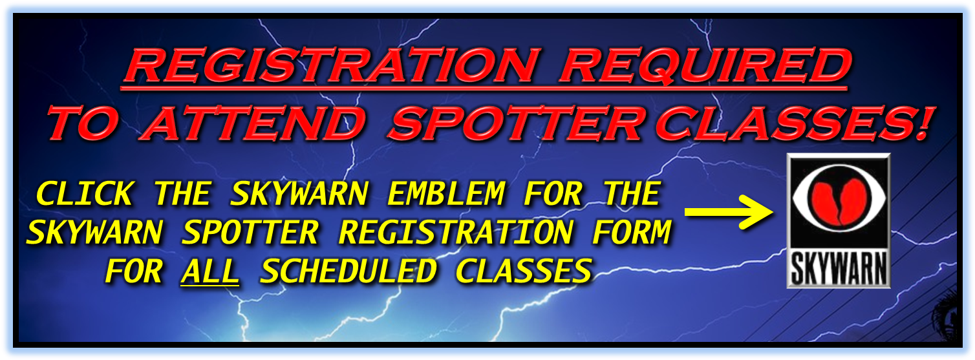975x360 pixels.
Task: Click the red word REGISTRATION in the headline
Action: [330, 67]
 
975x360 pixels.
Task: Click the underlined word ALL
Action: [210, 271]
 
